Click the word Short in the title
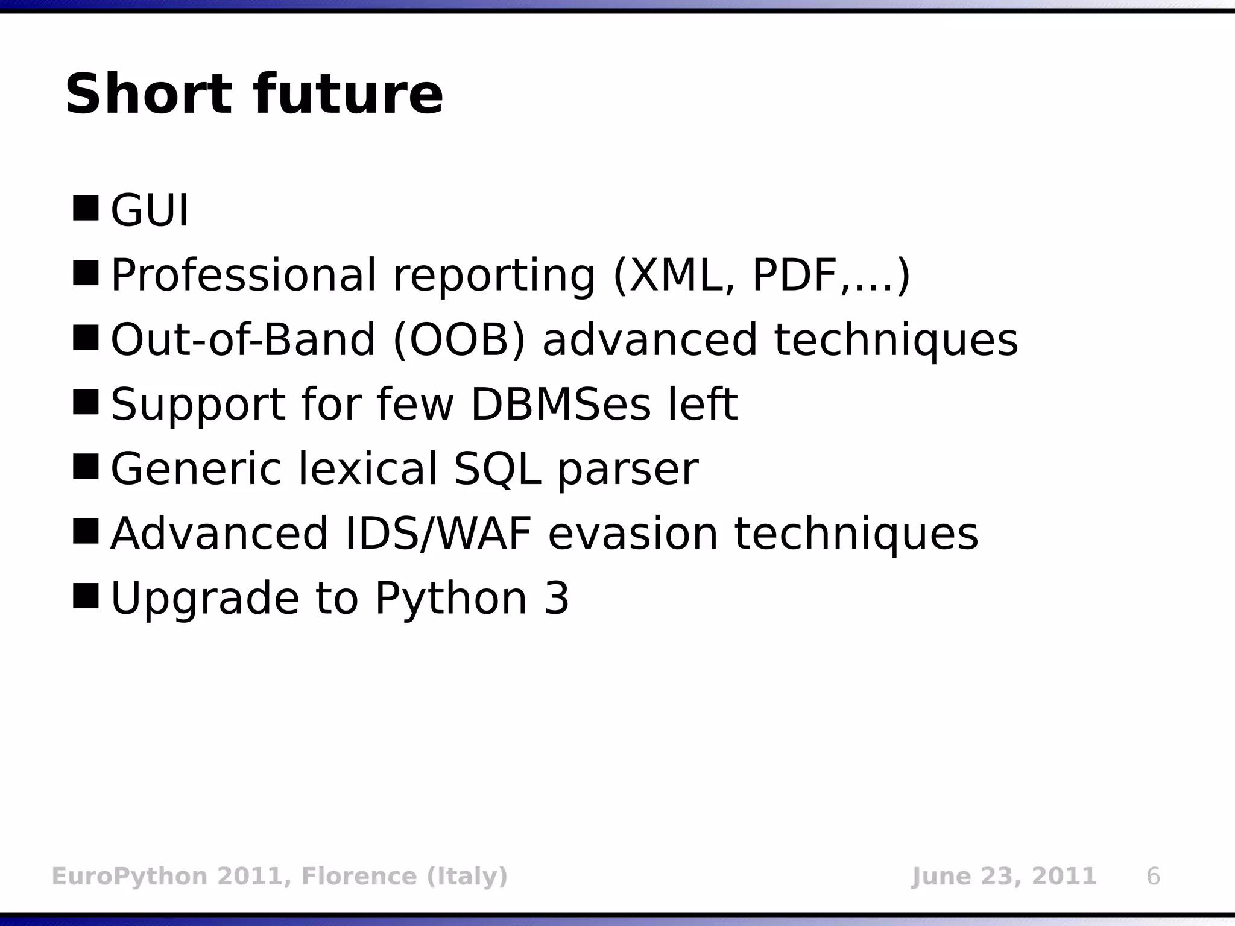click(x=148, y=95)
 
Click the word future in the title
click(x=348, y=95)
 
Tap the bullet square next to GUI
click(x=85, y=208)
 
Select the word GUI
click(x=150, y=210)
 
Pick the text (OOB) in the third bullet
click(x=460, y=340)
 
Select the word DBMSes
click(x=561, y=405)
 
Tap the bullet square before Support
click(x=85, y=402)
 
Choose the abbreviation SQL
click(x=497, y=469)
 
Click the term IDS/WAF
click(x=438, y=534)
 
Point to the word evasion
click(x=633, y=534)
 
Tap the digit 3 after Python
click(x=556, y=597)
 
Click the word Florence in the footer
click(x=358, y=876)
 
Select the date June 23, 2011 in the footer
click(x=1003, y=876)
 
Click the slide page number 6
click(x=1153, y=876)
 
